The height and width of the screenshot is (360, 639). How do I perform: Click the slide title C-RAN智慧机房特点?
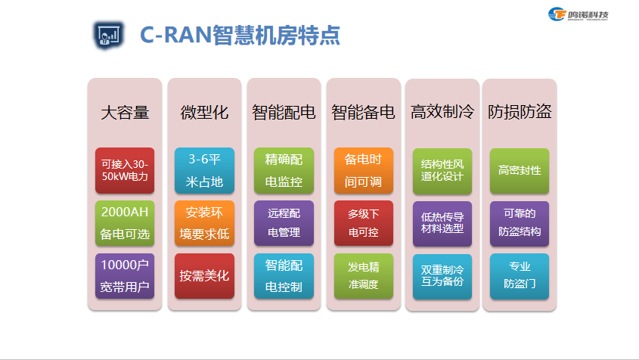(240, 35)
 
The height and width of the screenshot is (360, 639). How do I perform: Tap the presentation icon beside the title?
(108, 35)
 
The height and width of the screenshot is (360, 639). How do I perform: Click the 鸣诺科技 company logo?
(578, 14)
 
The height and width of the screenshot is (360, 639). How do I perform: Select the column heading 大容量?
(125, 113)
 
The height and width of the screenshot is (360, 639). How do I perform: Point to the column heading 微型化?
(204, 113)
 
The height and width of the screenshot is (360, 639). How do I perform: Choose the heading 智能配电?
(284, 113)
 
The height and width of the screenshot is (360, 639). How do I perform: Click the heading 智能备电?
(363, 113)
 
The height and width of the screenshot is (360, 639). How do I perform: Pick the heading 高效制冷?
(442, 112)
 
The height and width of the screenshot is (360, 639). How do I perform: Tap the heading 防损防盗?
(520, 112)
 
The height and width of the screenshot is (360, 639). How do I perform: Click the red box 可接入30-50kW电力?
(125, 170)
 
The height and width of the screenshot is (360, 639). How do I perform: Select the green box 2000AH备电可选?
(125, 223)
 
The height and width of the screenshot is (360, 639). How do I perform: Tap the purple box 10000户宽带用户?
(125, 276)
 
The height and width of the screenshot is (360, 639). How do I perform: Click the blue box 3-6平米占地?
(204, 170)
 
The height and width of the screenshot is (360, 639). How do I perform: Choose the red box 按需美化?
(204, 276)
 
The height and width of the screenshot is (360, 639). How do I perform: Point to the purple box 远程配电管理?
(284, 223)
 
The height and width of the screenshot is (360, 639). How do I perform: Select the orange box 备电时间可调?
(363, 170)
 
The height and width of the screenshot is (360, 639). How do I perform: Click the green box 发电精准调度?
(363, 276)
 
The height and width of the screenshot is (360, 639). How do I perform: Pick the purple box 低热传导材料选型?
(442, 223)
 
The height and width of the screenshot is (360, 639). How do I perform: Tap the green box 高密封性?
(520, 171)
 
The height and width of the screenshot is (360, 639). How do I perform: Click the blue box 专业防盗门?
(520, 276)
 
